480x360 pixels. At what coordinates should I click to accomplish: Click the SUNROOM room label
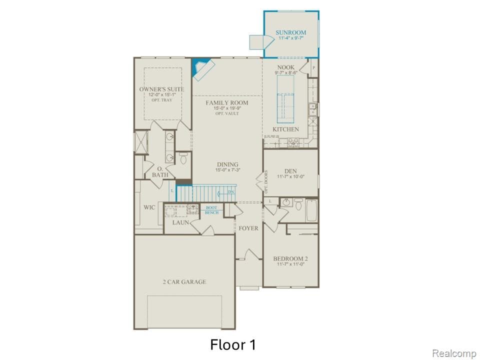pos(290,33)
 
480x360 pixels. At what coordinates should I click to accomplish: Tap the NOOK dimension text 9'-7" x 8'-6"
pos(285,73)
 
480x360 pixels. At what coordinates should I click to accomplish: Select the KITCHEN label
pos(285,129)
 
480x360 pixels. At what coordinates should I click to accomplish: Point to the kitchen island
pos(285,99)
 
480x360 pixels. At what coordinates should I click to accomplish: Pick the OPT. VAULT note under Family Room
pos(227,114)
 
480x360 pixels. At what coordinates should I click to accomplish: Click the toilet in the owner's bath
pos(183,158)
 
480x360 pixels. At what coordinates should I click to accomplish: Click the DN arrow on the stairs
pos(230,192)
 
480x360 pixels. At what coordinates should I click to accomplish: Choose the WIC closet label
pos(149,207)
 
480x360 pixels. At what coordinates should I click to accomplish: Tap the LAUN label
pos(180,222)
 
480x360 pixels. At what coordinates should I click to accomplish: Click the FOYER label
pos(248,228)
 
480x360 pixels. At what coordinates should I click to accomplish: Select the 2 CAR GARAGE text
pos(184,282)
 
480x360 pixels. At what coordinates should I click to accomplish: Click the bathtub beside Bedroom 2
pos(311,210)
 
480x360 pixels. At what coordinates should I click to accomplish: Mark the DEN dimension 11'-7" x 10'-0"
pos(290,177)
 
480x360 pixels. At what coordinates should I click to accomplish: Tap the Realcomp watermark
pos(454,353)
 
